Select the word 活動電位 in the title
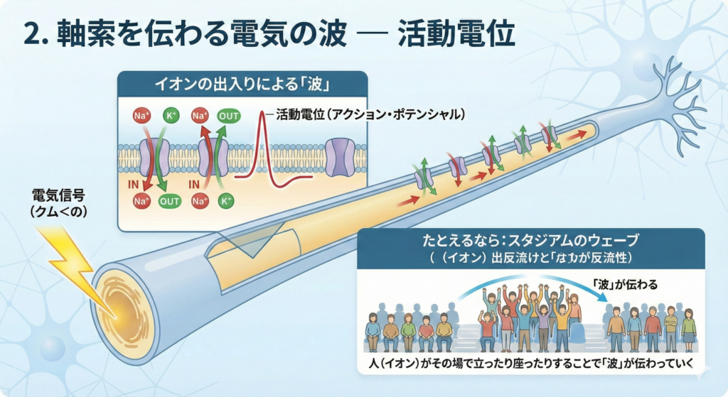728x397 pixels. (x=456, y=33)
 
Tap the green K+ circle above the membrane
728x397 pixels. (x=171, y=114)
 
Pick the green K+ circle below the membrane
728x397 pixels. (x=227, y=201)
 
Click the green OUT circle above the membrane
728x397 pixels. (x=229, y=114)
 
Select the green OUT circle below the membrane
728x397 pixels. (x=170, y=201)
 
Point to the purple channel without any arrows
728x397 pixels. (x=339, y=158)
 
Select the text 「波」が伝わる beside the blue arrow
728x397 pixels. (x=625, y=284)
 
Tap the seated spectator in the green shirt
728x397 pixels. (x=407, y=330)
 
